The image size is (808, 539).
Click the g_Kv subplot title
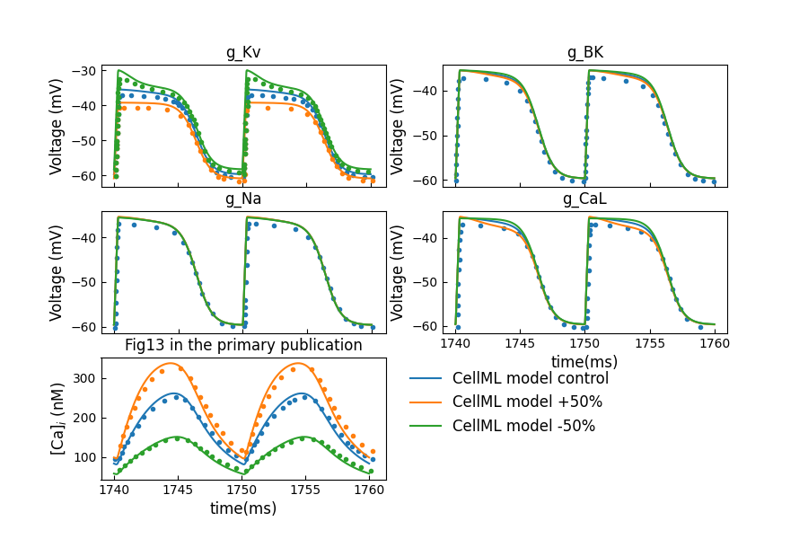243,52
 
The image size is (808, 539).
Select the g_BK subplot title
584,52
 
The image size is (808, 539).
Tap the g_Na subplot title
243,199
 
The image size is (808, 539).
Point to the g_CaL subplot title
584,199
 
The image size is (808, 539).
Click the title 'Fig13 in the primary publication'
243,345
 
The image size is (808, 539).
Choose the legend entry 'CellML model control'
530,378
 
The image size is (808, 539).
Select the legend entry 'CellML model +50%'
527,402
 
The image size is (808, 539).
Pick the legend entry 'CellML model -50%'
524,426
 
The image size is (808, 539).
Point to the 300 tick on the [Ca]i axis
83,378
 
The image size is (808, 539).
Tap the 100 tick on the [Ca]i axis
83,457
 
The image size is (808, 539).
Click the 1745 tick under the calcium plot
178,490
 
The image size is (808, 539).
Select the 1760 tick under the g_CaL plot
715,344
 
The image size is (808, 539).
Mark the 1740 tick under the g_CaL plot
456,344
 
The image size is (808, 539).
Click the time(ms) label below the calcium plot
243,508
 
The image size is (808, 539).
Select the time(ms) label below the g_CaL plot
584,361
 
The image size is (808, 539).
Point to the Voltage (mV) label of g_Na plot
57,272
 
